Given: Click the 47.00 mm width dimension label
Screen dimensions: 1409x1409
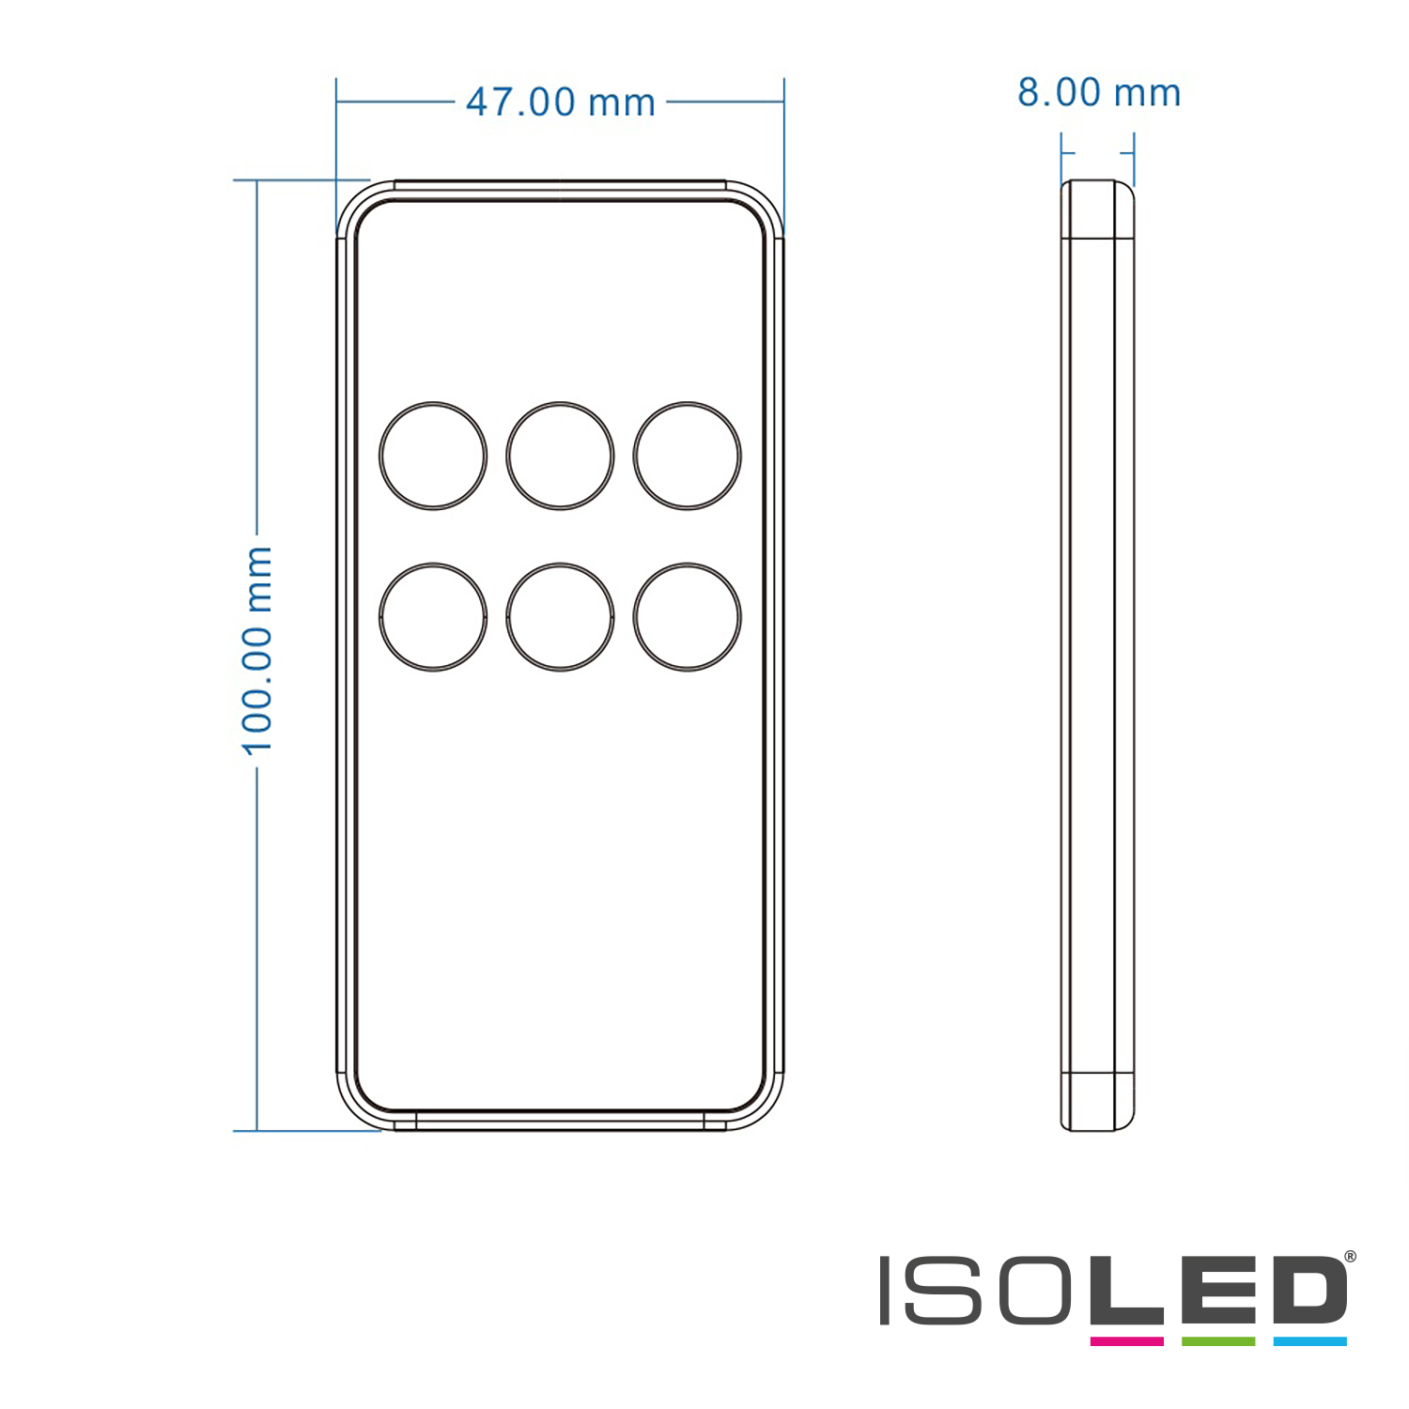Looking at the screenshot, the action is [x=561, y=102].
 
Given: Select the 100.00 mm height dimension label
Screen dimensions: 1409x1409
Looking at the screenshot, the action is [x=256, y=651].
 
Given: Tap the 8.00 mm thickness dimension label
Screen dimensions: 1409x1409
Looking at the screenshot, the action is [x=1099, y=93].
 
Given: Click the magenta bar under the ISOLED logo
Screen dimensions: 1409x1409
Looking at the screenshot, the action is [x=1126, y=1341].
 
